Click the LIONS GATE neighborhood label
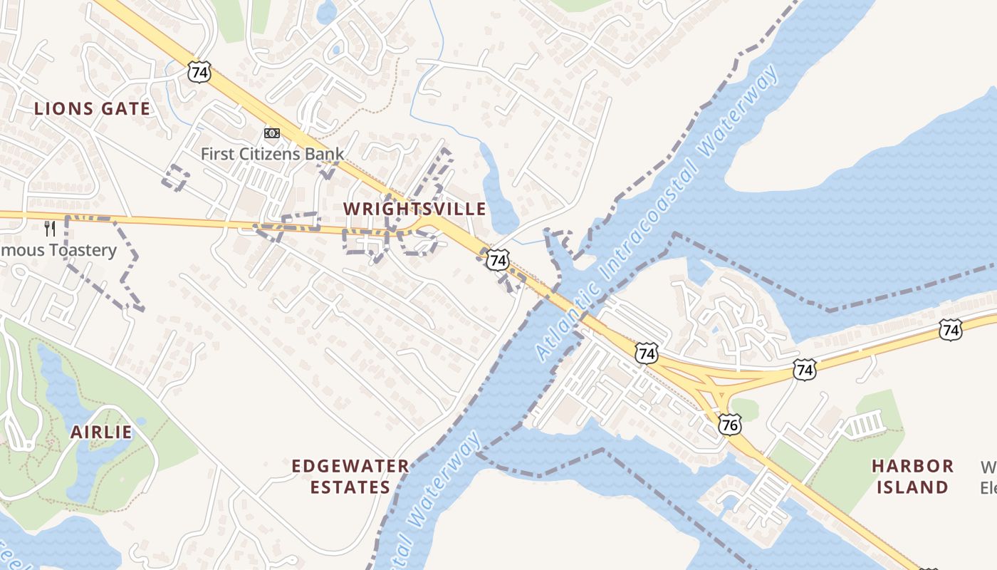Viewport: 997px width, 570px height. (93, 109)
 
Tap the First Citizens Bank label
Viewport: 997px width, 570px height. (272, 153)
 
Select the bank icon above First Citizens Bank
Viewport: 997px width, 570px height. (272, 133)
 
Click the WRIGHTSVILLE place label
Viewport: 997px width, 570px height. (414, 209)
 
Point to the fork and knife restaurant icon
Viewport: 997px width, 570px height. (49, 228)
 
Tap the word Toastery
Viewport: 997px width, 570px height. (80, 250)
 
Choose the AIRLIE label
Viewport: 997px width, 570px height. (101, 432)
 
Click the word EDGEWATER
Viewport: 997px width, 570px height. (350, 466)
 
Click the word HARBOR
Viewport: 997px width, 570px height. (913, 466)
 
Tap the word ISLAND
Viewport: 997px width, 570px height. (913, 487)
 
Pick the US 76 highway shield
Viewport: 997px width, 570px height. (730, 425)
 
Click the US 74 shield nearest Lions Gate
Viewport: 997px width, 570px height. (200, 71)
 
